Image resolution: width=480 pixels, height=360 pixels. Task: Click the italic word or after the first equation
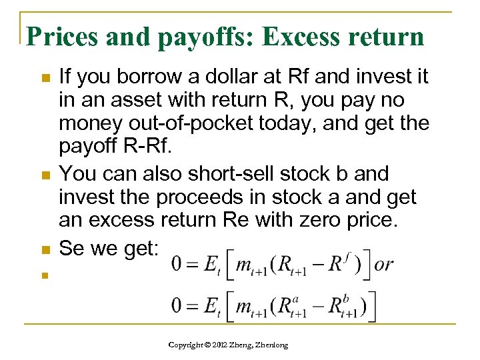click(x=384, y=264)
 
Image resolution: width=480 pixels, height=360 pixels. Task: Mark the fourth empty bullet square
click(x=45, y=274)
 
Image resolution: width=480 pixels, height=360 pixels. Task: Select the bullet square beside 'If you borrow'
click(x=45, y=79)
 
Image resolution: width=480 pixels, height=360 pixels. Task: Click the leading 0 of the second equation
click(x=176, y=306)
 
